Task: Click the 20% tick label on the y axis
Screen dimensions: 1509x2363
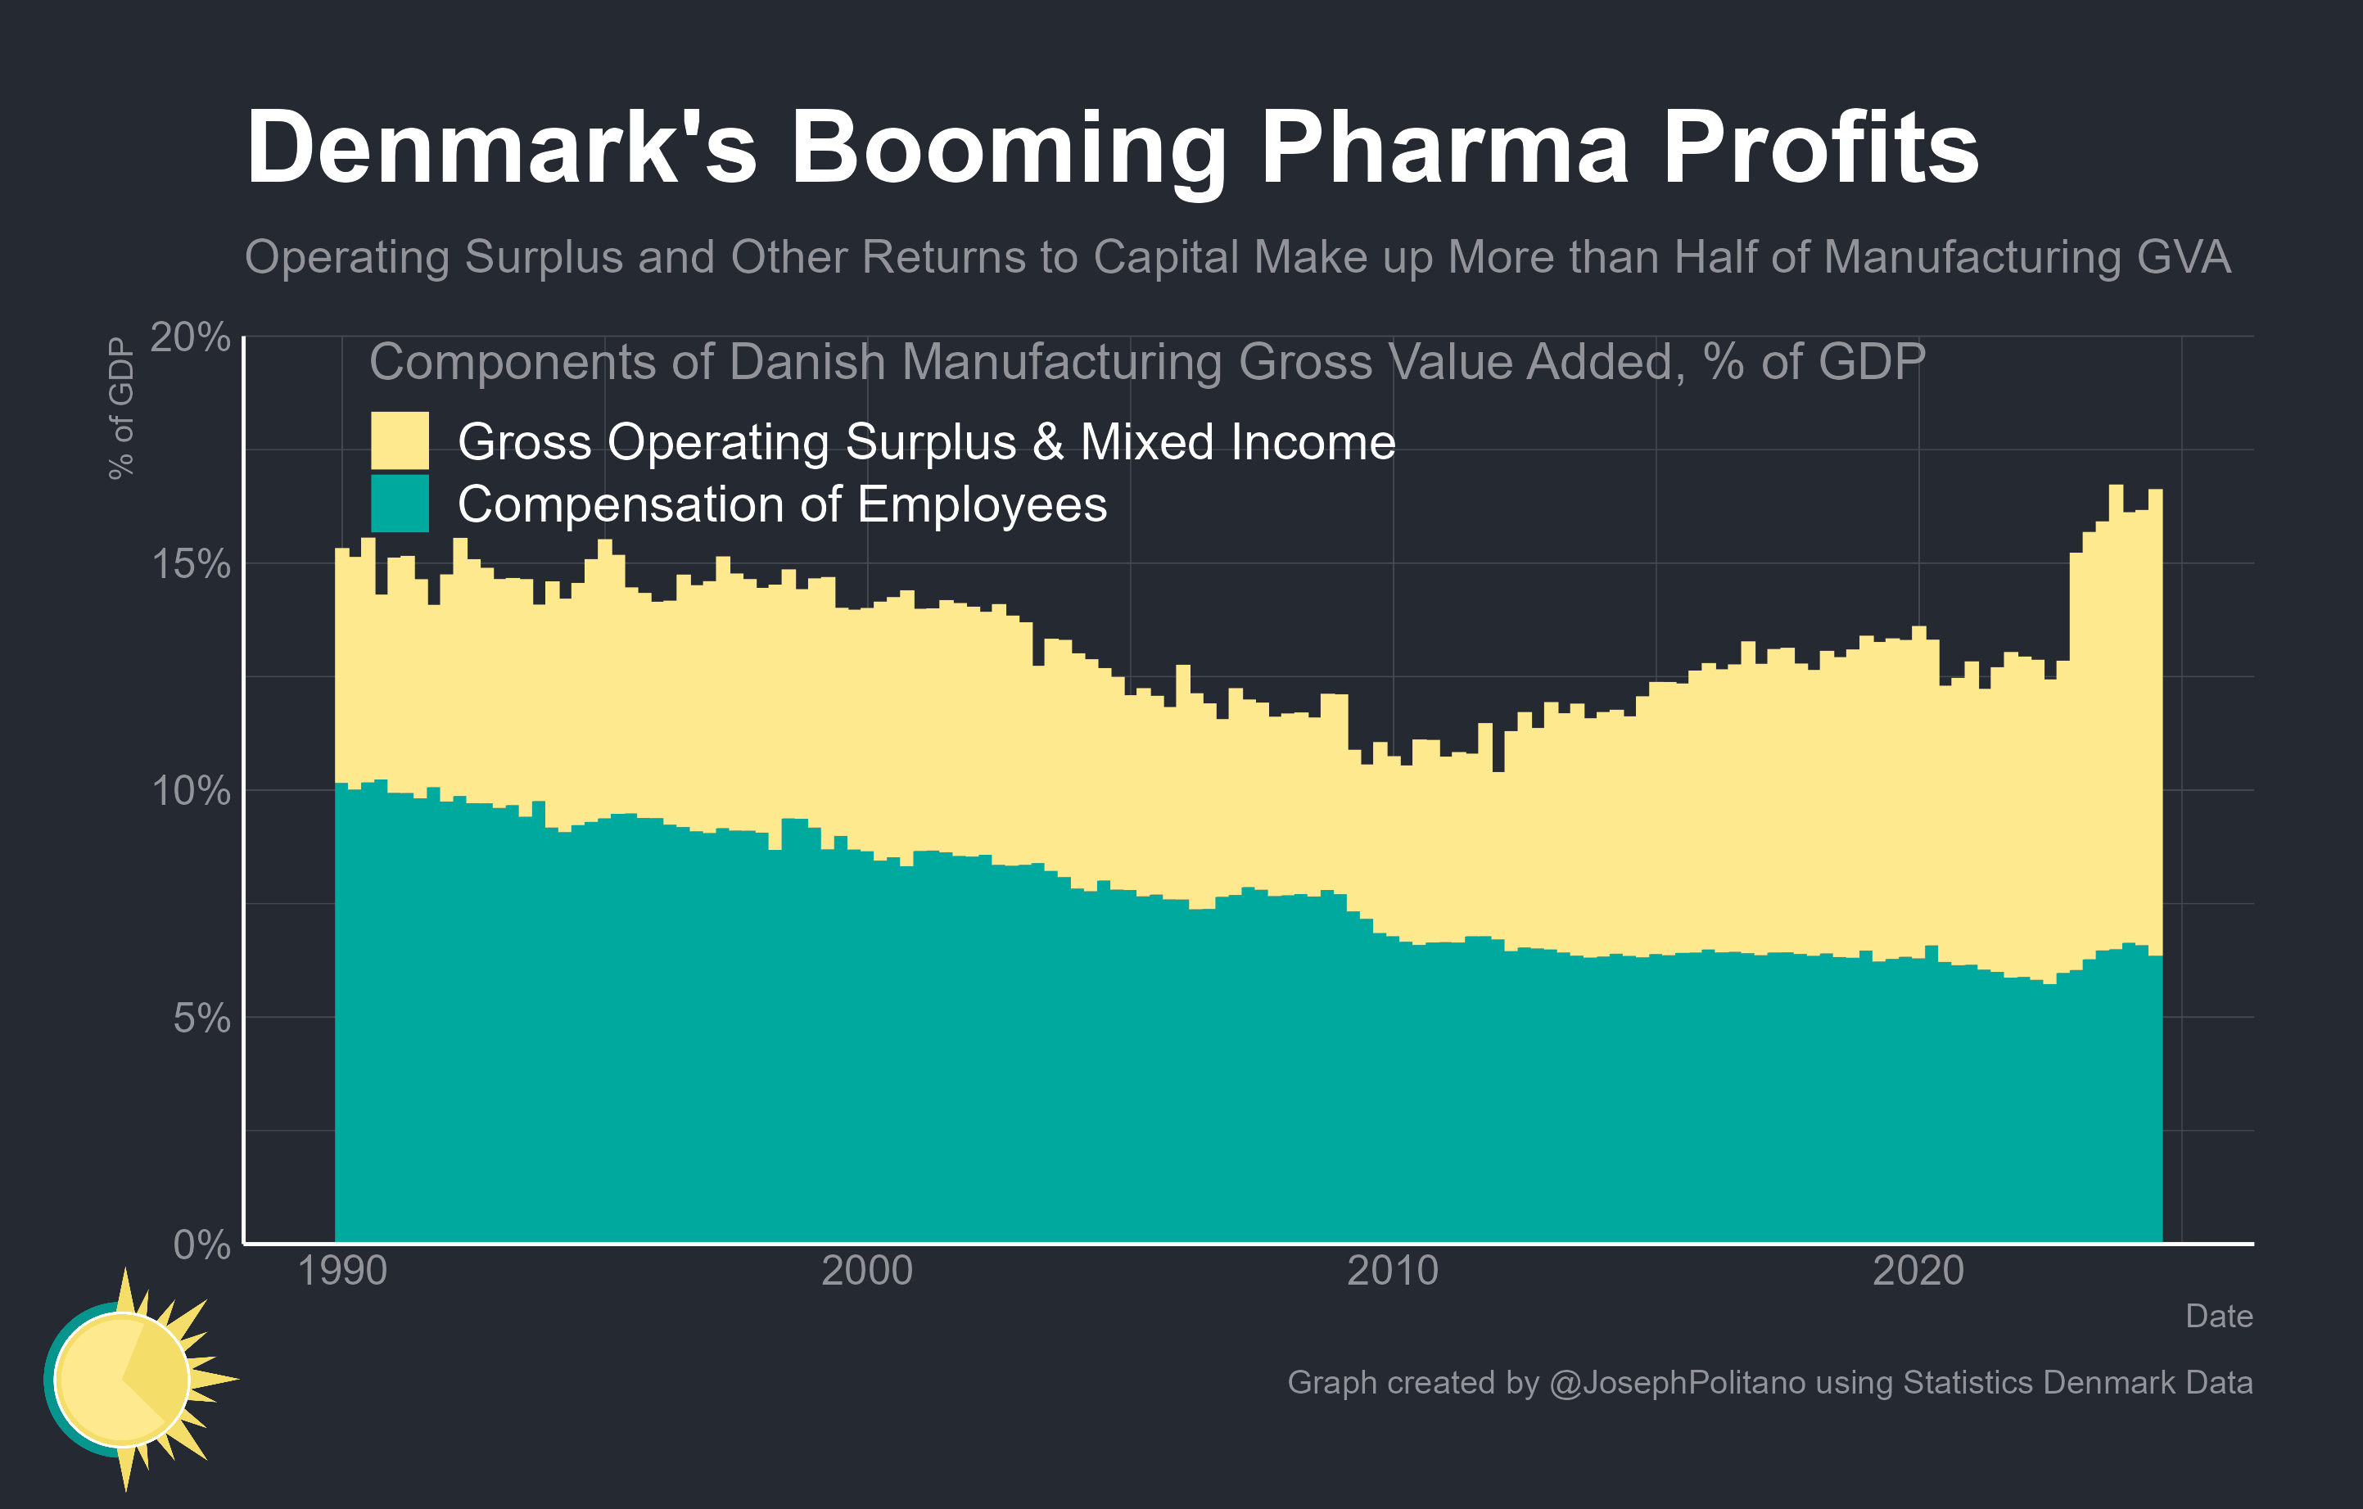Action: click(191, 337)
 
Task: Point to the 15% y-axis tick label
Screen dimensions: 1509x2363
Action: click(191, 564)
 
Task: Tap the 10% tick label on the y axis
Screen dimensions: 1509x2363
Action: click(191, 791)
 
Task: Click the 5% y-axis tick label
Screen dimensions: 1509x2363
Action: click(201, 1018)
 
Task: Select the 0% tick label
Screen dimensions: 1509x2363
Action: click(201, 1244)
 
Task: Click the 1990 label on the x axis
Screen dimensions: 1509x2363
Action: click(341, 1271)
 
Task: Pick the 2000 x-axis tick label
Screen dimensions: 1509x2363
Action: click(866, 1271)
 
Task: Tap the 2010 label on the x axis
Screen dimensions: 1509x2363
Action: click(1393, 1271)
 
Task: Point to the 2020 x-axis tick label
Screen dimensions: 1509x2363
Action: click(1918, 1271)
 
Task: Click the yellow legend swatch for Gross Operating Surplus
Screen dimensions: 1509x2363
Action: click(400, 441)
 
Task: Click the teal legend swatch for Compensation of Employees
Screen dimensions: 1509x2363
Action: click(400, 504)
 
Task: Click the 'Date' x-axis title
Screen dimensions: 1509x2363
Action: click(2219, 1316)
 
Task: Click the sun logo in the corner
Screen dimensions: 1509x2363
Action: click(128, 1379)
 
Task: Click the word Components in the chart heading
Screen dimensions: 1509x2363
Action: click(513, 362)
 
